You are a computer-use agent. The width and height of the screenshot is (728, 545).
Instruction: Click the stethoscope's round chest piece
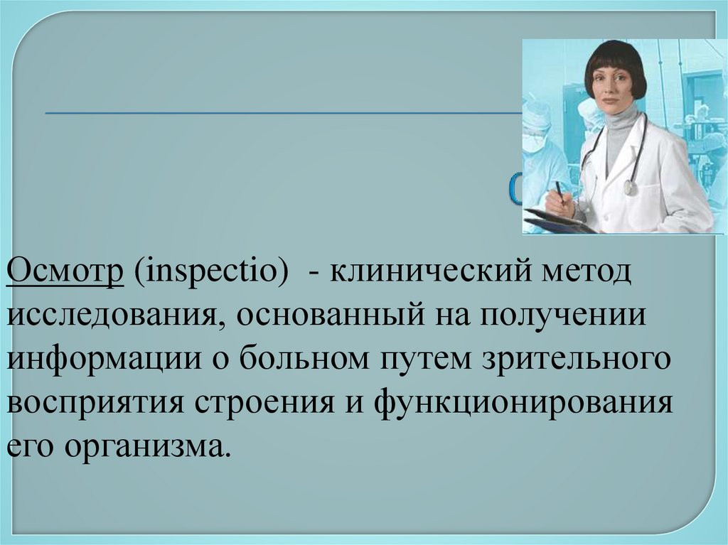(630, 187)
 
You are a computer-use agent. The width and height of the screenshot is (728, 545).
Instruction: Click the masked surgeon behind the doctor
(537, 135)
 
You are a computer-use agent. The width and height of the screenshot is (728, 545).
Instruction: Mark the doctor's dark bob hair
(615, 60)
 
